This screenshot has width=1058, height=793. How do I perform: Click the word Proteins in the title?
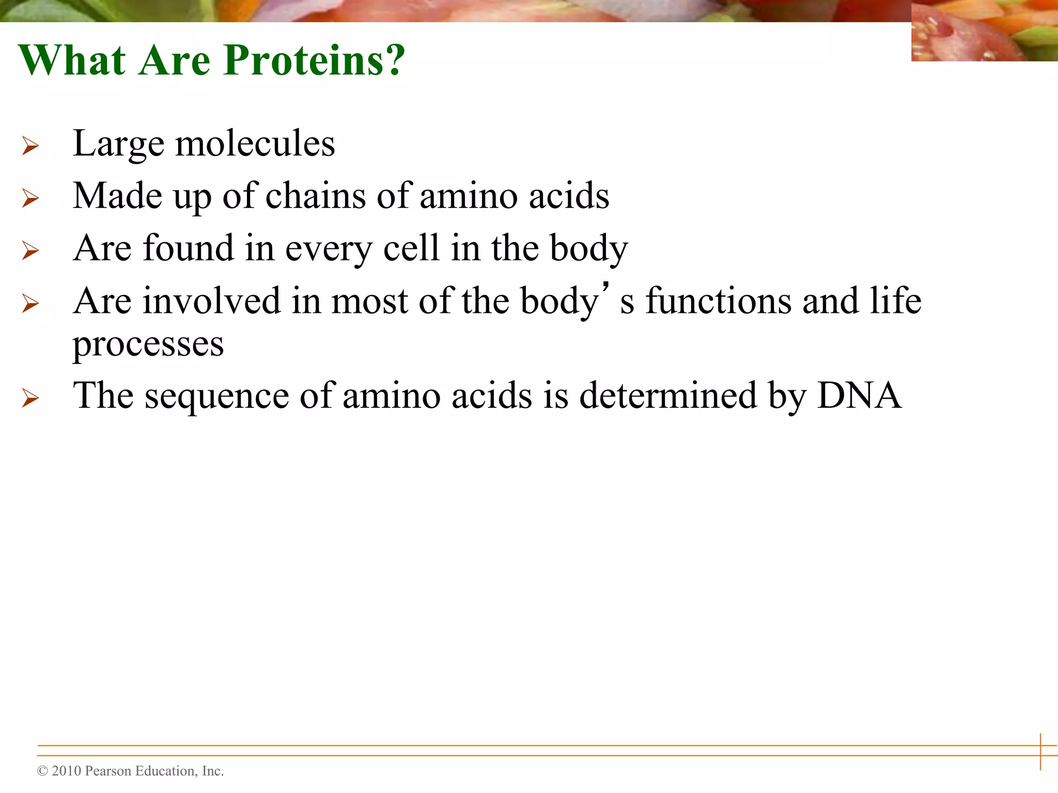314,60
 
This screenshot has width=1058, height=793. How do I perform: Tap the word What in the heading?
72,60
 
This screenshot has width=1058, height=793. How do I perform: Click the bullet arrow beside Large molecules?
30,146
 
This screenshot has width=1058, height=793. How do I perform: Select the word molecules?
255,144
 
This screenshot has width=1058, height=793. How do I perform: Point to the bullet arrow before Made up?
30,199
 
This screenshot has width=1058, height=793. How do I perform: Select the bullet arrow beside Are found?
30,251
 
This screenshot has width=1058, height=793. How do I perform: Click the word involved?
211,301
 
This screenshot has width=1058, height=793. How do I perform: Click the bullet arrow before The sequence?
30,398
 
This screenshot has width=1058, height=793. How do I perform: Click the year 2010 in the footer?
67,771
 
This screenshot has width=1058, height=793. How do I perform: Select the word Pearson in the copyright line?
108,771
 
